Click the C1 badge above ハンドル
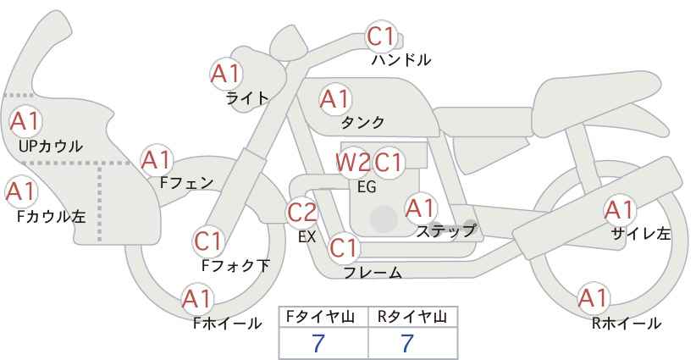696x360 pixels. [381, 37]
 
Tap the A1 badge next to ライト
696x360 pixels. [225, 74]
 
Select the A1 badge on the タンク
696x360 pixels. [334, 99]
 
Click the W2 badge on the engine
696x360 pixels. [352, 162]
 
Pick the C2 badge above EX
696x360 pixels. [302, 212]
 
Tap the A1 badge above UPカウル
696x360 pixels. [25, 121]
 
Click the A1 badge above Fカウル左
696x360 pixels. [20, 191]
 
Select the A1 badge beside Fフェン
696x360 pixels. [157, 159]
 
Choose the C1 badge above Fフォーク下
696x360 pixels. [208, 241]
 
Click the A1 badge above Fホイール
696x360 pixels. [197, 299]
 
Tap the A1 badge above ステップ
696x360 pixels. [420, 207]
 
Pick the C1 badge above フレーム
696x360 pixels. [344, 248]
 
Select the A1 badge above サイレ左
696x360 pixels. [619, 209]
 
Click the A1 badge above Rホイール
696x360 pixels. [593, 298]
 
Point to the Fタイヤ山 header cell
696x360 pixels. [323, 317]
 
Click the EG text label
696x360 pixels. [367, 187]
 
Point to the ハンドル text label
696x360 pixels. [401, 60]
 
